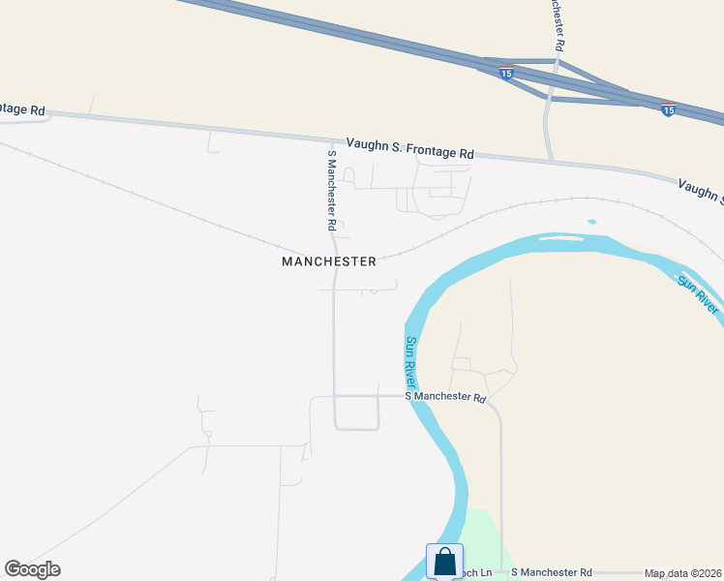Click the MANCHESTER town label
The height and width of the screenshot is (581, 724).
[328, 261]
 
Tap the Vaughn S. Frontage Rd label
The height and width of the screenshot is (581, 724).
[409, 147]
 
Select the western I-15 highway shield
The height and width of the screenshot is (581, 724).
[506, 71]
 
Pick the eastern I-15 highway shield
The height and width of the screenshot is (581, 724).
[668, 108]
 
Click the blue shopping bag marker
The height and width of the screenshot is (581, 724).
[444, 562]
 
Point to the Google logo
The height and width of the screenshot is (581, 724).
[32, 569]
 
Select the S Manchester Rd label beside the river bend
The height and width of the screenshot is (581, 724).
[444, 397]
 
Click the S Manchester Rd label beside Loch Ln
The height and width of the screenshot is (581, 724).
[551, 573]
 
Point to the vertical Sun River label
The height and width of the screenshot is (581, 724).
[412, 362]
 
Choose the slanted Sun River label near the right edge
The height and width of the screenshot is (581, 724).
[698, 293]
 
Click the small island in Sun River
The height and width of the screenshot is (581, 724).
[591, 222]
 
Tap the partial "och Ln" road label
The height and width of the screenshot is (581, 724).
[478, 573]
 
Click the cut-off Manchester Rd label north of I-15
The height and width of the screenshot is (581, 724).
[557, 24]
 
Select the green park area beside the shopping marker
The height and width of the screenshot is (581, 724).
[489, 537]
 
